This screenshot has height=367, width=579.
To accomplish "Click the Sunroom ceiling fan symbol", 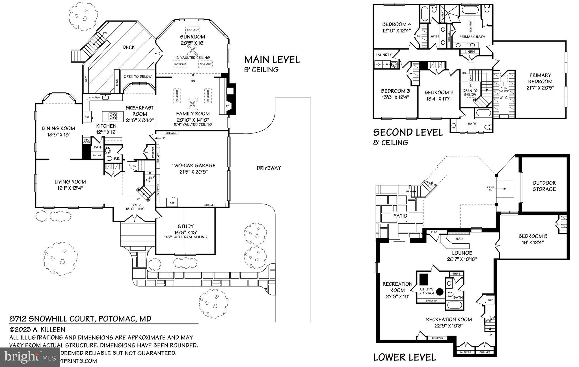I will pyautogui.click(x=193, y=51).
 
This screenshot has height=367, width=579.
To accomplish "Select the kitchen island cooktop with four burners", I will pyautogui.click(x=113, y=116).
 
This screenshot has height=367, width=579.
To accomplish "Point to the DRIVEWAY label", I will pyautogui.click(x=269, y=168).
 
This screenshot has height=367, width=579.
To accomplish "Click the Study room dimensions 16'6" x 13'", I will pyautogui.click(x=186, y=232).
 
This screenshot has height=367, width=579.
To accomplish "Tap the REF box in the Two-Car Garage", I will pyautogui.click(x=172, y=202).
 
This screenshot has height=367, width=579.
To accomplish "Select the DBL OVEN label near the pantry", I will pyautogui.click(x=87, y=141).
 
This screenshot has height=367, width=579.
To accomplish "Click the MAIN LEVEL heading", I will pyautogui.click(x=272, y=59).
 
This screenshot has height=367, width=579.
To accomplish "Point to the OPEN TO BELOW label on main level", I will pyautogui.click(x=138, y=76).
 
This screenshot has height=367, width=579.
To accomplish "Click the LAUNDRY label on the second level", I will pyautogui.click(x=384, y=55).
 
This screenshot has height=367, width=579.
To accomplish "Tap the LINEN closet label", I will pyautogui.click(x=470, y=52).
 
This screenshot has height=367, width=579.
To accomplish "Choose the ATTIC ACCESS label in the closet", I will pyautogui.click(x=504, y=89).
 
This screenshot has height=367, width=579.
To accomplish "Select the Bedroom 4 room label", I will pyautogui.click(x=396, y=24).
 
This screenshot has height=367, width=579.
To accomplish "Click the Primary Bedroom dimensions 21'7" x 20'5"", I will pyautogui.click(x=540, y=88).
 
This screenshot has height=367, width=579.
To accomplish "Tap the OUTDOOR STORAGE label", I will pyautogui.click(x=544, y=186).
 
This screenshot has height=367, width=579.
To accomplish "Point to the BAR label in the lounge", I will pyautogui.click(x=459, y=239).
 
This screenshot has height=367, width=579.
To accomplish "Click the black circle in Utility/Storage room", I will pyautogui.click(x=439, y=291).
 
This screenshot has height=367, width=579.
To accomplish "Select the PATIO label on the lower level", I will pyautogui.click(x=400, y=216).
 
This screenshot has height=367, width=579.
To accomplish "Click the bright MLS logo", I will pyautogui.click(x=30, y=357).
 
